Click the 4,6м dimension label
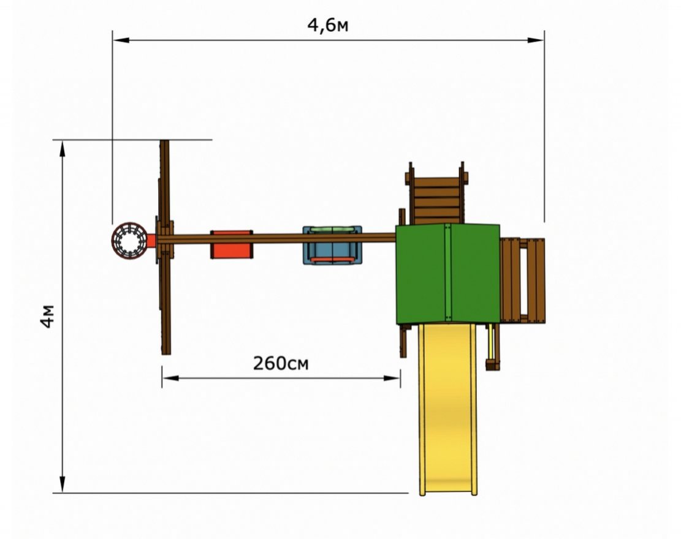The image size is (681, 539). [327, 26]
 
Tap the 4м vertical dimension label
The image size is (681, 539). [48, 316]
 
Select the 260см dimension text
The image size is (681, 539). [281, 363]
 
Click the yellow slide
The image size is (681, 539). [448, 408]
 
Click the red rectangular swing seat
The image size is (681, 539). [232, 244]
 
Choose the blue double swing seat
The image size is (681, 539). [332, 245]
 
